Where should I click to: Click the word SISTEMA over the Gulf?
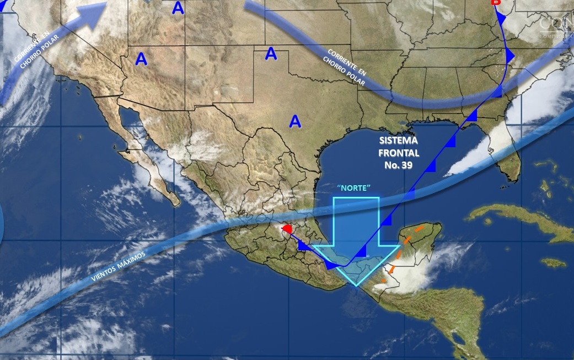[399, 141]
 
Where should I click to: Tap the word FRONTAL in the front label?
[399, 153]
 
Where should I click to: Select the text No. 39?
[399, 165]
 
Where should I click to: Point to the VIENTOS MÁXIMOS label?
[119, 268]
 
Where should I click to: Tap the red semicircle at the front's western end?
[286, 228]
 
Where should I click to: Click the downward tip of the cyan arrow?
[357, 283]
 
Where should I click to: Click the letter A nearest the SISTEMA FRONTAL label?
[296, 121]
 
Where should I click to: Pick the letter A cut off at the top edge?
[178, 8]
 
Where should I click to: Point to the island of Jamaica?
[553, 262]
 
